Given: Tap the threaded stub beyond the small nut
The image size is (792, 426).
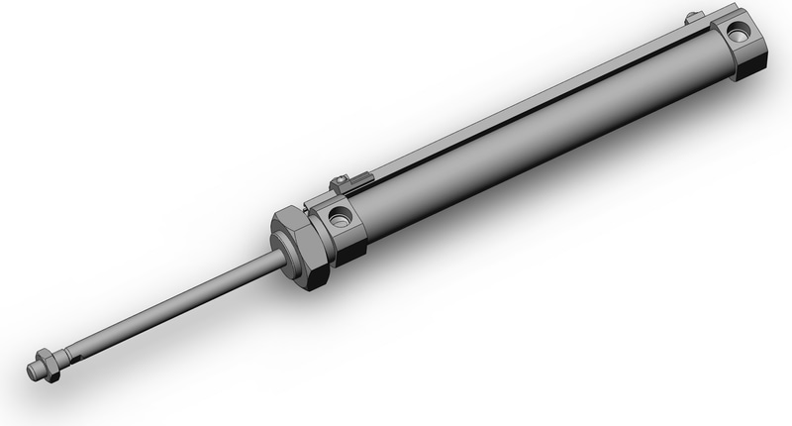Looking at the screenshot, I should (x=33, y=371).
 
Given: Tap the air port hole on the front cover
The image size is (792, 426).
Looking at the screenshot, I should (x=340, y=216).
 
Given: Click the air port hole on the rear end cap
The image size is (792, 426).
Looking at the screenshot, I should (x=739, y=33).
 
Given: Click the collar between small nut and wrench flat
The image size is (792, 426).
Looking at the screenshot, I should (x=56, y=357).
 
